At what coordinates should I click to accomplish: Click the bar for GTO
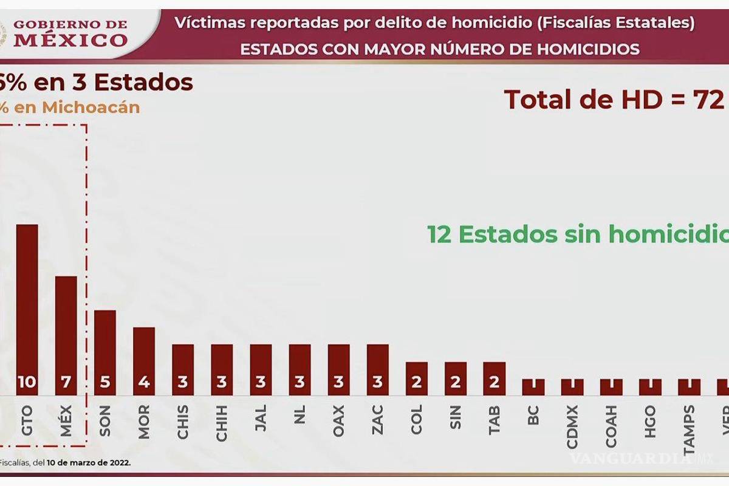point(27,304)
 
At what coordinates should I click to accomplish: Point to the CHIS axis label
point(183,419)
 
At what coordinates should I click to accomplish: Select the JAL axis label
point(261,419)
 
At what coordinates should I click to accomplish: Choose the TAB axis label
point(494,419)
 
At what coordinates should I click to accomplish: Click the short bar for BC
point(533,387)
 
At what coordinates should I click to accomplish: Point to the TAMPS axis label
point(689,425)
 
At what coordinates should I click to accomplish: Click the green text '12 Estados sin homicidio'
point(577,234)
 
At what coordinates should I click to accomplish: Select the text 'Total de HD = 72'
point(614,99)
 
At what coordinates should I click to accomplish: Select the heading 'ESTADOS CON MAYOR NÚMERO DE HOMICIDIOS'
point(440,49)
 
